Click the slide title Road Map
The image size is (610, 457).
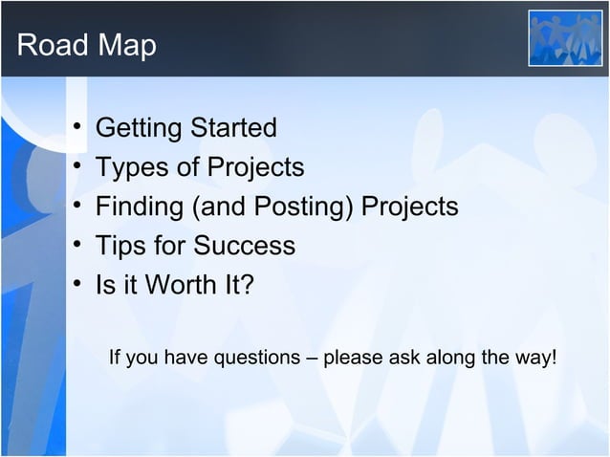(86, 45)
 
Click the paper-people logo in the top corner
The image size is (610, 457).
(566, 38)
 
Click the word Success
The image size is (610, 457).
(244, 247)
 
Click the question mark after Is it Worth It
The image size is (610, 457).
(247, 286)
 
